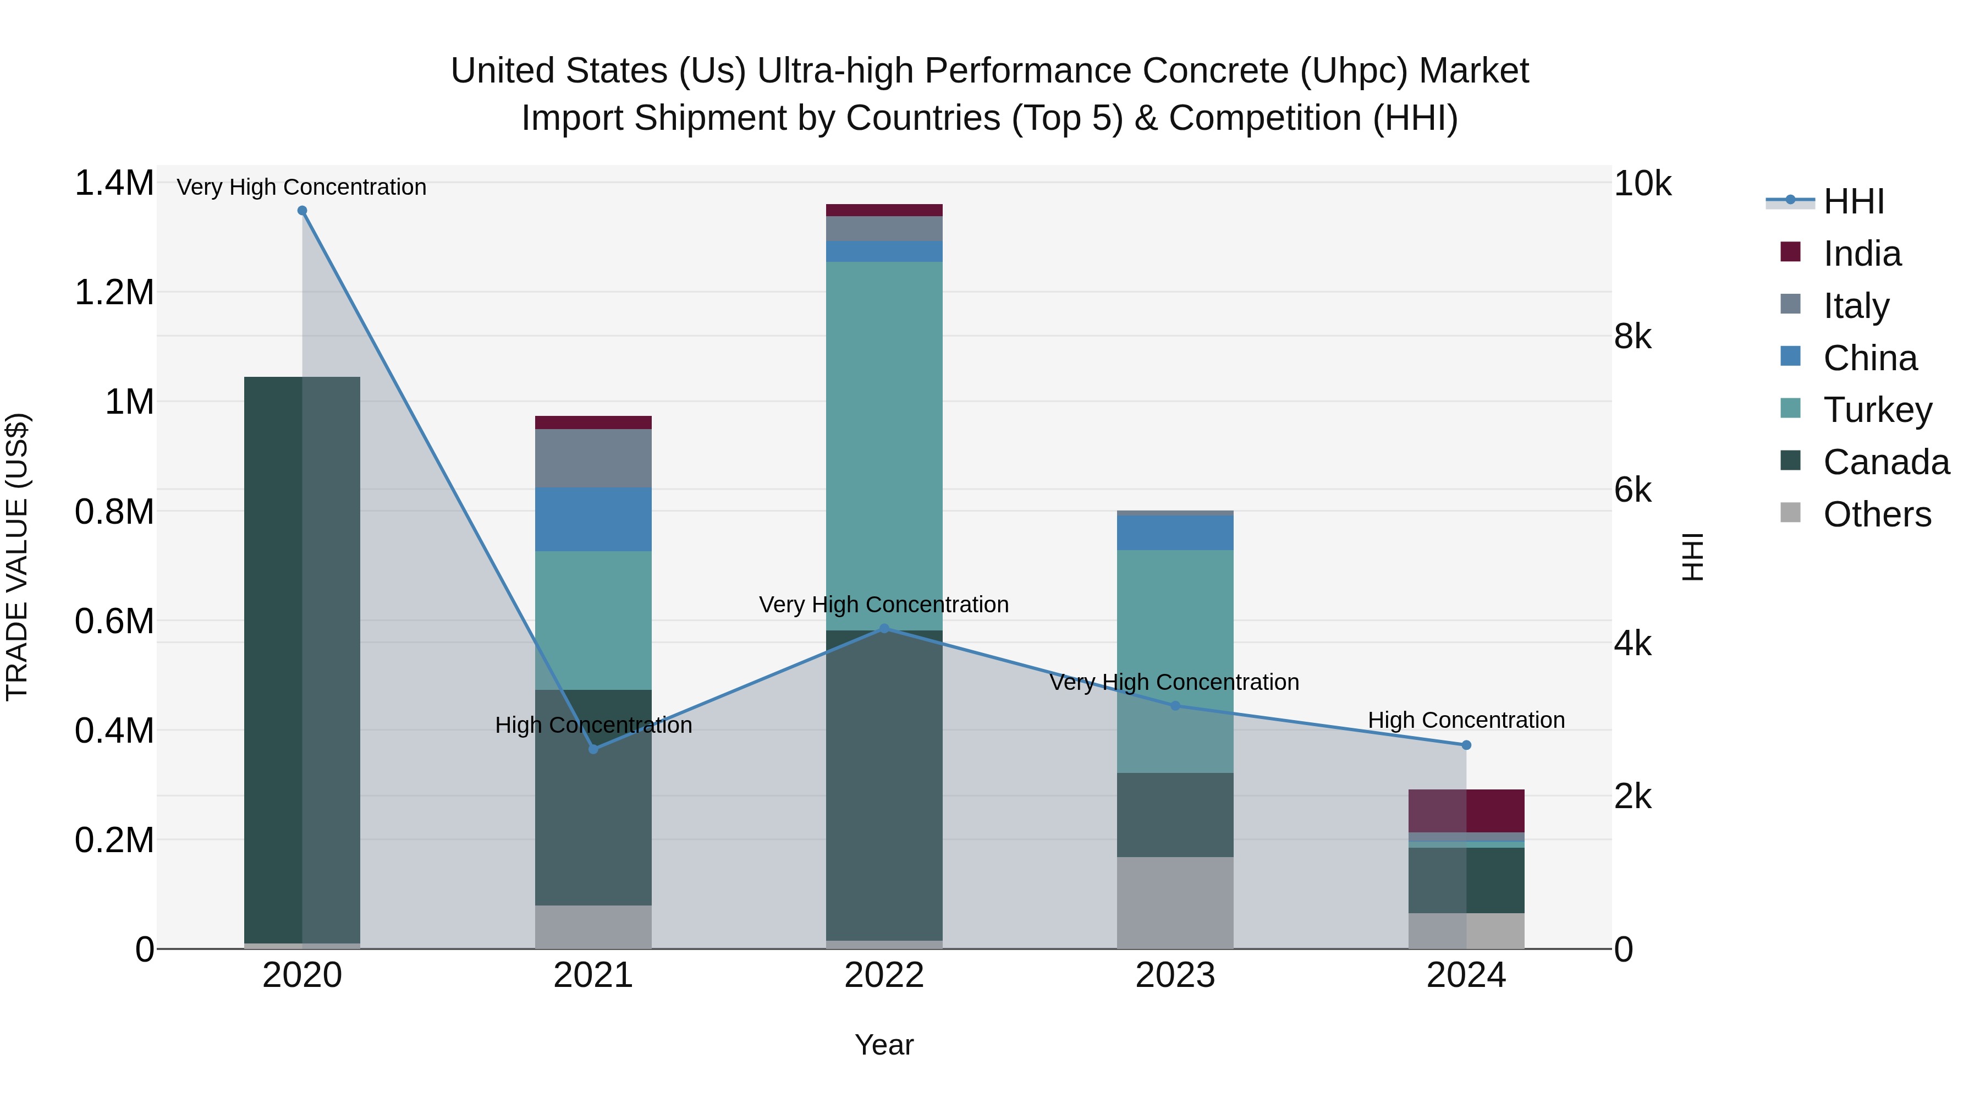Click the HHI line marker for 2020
(x=302, y=211)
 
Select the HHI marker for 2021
(x=593, y=749)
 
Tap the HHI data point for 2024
(x=1466, y=745)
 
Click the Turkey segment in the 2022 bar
(x=884, y=446)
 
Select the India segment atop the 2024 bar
(x=1466, y=810)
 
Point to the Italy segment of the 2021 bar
(x=593, y=458)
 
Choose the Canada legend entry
(x=1885, y=462)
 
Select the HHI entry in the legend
(x=1852, y=201)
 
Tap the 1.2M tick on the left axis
(x=114, y=293)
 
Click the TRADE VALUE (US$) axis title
(x=17, y=557)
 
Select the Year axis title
(x=884, y=1045)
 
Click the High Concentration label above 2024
(x=1466, y=720)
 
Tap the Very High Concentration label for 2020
(x=301, y=187)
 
